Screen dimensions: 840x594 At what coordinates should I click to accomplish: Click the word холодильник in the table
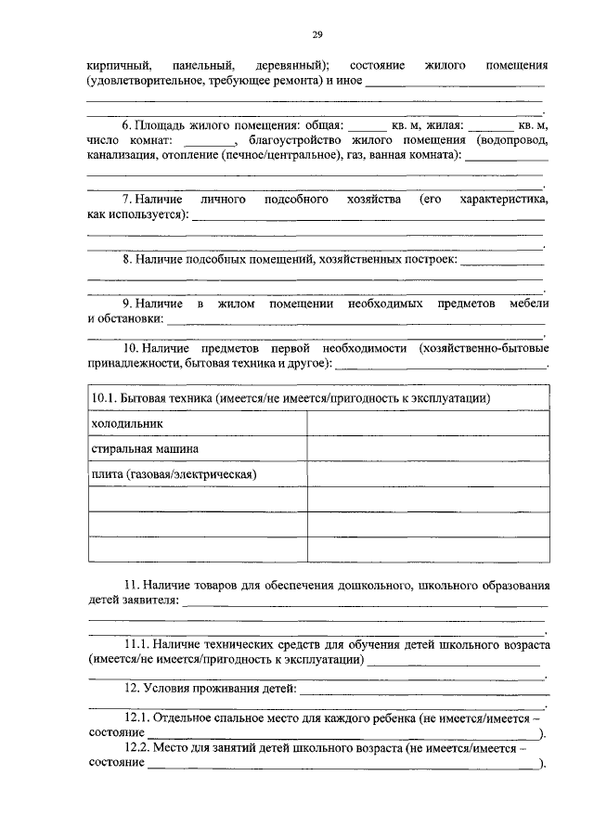(127, 423)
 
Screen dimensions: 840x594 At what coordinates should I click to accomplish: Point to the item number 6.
(126, 123)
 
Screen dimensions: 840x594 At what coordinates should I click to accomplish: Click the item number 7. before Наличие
(126, 200)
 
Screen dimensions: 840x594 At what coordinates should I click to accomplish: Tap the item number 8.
(126, 259)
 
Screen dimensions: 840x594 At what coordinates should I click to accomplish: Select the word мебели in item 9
(529, 304)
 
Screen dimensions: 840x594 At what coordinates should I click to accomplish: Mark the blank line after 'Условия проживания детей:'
(422, 690)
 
